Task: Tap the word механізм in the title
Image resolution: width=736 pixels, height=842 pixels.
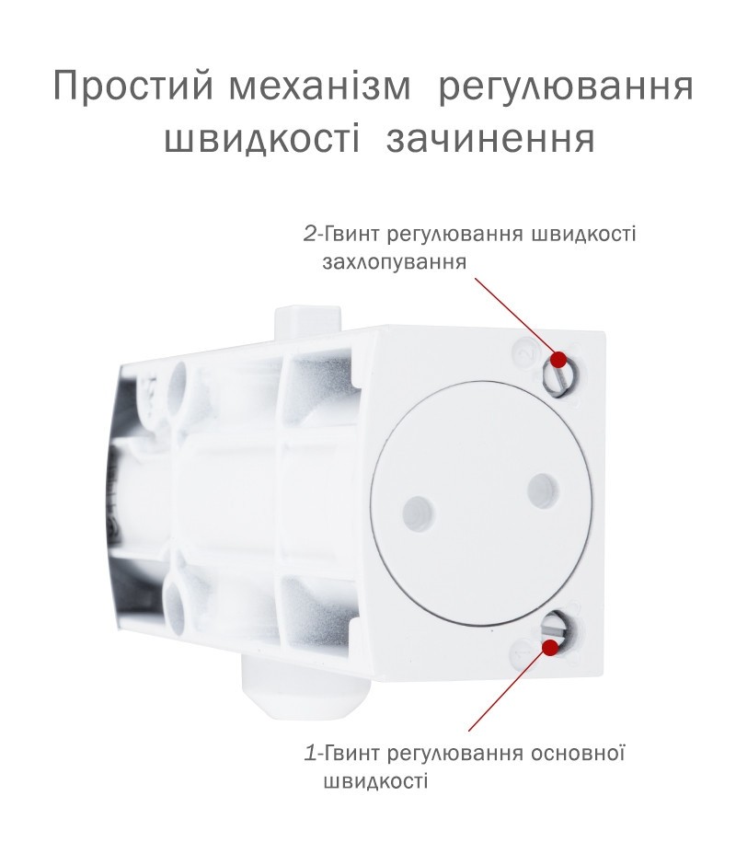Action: [320, 86]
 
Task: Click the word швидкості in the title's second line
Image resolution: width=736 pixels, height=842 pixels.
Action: [261, 140]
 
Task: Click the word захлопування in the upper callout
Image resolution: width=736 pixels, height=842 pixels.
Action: [395, 263]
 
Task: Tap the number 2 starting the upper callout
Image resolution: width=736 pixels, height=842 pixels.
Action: [310, 236]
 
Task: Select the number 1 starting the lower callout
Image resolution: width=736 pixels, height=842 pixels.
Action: [310, 754]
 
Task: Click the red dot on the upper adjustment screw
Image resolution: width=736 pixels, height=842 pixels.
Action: [558, 359]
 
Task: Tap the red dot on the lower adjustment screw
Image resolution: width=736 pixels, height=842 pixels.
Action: [549, 647]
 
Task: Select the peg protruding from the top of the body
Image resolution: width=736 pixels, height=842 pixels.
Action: [307, 323]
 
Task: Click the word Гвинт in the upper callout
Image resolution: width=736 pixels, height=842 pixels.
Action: [350, 236]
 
